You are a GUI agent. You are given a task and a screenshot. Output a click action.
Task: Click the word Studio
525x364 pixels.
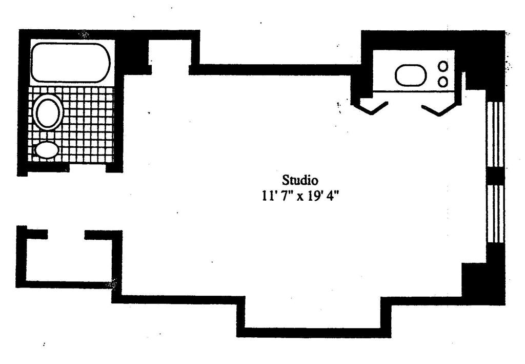pyautogui.click(x=300, y=180)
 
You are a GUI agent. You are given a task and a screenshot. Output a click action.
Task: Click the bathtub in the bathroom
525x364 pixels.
pyautogui.click(x=70, y=63)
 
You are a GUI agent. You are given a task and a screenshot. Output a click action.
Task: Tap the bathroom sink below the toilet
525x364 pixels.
pyautogui.click(x=47, y=150)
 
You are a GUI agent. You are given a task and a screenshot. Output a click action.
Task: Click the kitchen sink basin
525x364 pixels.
pyautogui.click(x=411, y=75)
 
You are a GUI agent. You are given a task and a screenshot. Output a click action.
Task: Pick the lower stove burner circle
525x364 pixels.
pyautogui.click(x=443, y=81)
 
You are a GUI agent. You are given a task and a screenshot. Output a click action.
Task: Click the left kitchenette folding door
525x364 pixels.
pyautogui.click(x=371, y=108)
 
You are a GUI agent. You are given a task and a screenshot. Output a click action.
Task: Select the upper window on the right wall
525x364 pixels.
pyautogui.click(x=495, y=134)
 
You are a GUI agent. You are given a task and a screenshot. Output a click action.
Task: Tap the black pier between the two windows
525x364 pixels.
pyautogui.click(x=495, y=175)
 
